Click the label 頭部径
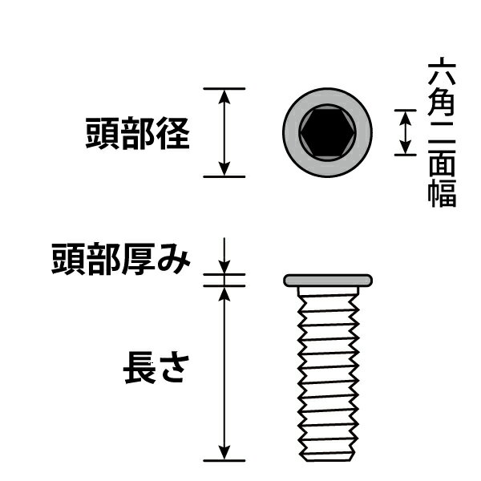(137, 133)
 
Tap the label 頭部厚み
(121, 258)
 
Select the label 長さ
(156, 368)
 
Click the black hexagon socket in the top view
(328, 132)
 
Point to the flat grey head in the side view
(328, 281)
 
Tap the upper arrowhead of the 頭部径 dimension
(224, 97)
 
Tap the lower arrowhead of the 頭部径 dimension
(224, 169)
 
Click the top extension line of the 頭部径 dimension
(224, 89)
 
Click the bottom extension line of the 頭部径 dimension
(224, 177)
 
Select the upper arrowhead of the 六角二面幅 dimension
(405, 117)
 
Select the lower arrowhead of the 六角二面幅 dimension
(405, 148)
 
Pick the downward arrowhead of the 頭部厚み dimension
(224, 267)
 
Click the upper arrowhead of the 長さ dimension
(224, 294)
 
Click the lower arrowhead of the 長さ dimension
(224, 453)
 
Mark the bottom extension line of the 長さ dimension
(224, 461)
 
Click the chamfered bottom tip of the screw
(328, 457)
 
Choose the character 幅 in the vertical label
(442, 193)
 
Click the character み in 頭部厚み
(174, 259)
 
